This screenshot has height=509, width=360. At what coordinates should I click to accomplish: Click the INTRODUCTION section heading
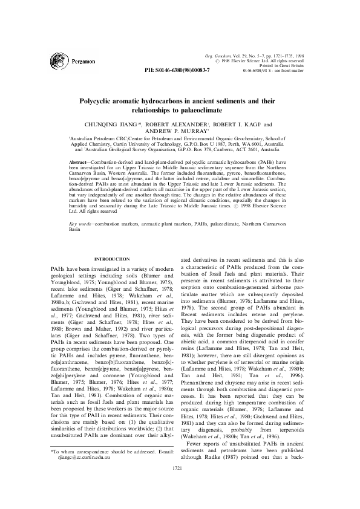click(112, 259)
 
